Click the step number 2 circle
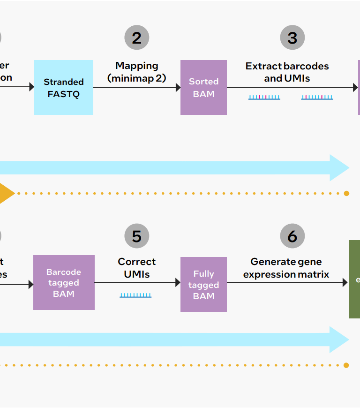click(137, 38)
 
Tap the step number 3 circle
click(292, 38)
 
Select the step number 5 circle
click(137, 236)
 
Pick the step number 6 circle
click(292, 236)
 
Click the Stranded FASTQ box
click(64, 88)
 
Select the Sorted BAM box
click(203, 88)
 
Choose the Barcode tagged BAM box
click(64, 283)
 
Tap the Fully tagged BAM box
click(203, 285)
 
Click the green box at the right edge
click(355, 280)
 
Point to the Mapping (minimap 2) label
click(137, 72)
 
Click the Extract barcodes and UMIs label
click(287, 72)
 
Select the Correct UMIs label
click(137, 268)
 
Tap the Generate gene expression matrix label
click(286, 268)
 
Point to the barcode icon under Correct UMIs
click(135, 295)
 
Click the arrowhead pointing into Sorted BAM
click(178, 88)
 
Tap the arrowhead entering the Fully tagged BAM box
click(178, 283)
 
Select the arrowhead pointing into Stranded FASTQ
click(32, 87)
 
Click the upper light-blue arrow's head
click(340, 167)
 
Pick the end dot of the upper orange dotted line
click(346, 193)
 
